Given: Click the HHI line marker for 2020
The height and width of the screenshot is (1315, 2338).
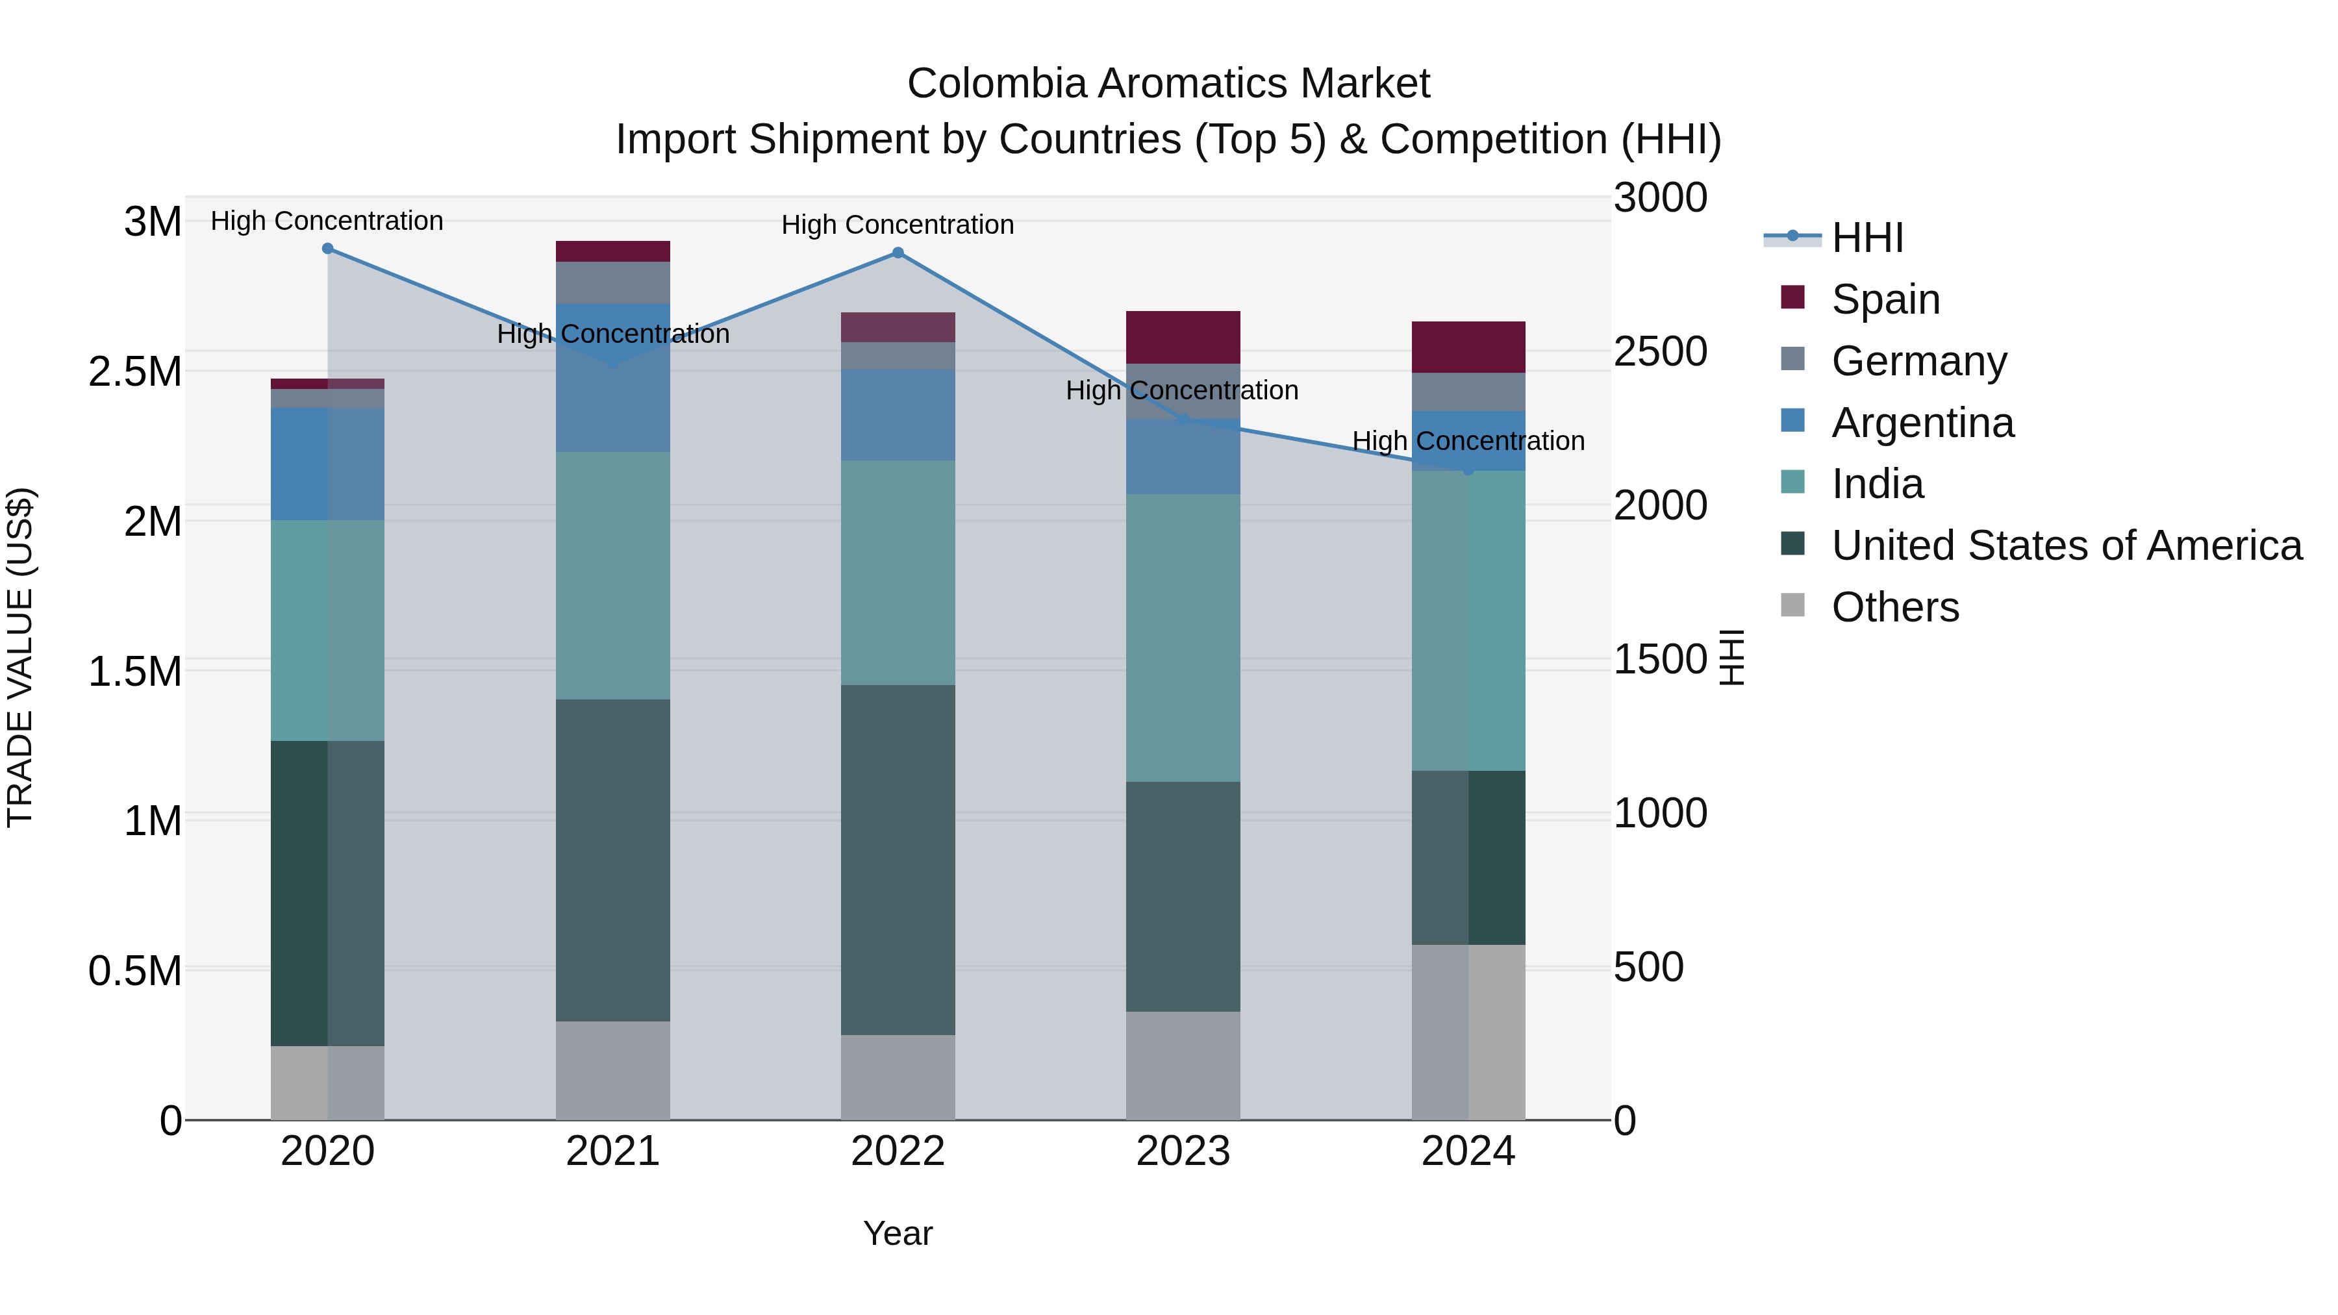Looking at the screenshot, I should [x=328, y=249].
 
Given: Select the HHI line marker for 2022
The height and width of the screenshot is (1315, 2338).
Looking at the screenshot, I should [x=898, y=253].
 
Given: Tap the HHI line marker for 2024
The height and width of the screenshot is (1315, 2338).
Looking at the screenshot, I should [x=1468, y=470].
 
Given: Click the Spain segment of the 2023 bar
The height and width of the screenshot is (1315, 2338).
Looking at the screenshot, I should [x=1183, y=338].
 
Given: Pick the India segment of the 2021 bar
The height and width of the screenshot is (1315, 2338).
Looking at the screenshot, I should [x=612, y=575].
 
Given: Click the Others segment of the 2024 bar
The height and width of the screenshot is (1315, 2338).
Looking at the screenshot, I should [x=1468, y=1032].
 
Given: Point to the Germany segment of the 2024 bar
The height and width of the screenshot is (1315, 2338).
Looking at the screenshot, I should [x=1468, y=392].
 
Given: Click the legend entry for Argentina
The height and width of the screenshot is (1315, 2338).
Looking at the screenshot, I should [x=1922, y=423].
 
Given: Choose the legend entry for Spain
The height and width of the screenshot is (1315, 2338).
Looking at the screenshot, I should [x=1885, y=299].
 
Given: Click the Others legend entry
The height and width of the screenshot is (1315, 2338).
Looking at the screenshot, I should [x=1894, y=607].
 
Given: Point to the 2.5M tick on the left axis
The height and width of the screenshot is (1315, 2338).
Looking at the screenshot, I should [x=134, y=372].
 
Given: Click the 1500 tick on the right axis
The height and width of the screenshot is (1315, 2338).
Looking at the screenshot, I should [x=1660, y=660].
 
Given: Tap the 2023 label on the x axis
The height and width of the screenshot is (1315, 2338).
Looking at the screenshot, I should [x=1183, y=1151].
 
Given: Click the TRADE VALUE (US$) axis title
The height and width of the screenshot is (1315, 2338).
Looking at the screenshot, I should [x=20, y=657].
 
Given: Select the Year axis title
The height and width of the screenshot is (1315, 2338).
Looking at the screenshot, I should [x=898, y=1233].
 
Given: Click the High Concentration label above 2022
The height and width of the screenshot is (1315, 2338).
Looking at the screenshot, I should [x=898, y=225].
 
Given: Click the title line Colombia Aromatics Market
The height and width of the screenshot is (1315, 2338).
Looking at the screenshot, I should [x=1168, y=84].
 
